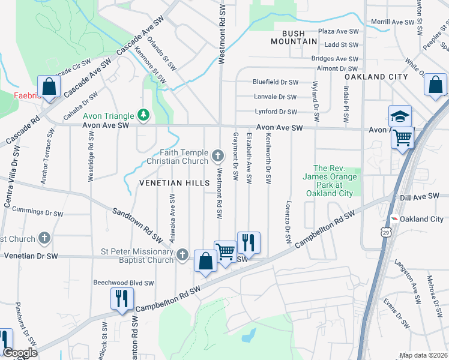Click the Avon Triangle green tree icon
(x=143, y=114)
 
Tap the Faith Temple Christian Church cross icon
(x=218, y=157)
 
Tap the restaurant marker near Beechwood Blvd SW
(x=122, y=298)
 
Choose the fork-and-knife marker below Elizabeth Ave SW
(x=249, y=242)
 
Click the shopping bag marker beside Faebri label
(x=49, y=86)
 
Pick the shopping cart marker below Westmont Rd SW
(x=226, y=251)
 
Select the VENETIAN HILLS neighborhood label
(x=174, y=182)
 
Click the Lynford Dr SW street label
(x=276, y=112)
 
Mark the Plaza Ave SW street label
(x=339, y=31)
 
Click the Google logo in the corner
(x=20, y=353)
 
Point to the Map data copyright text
(x=423, y=355)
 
